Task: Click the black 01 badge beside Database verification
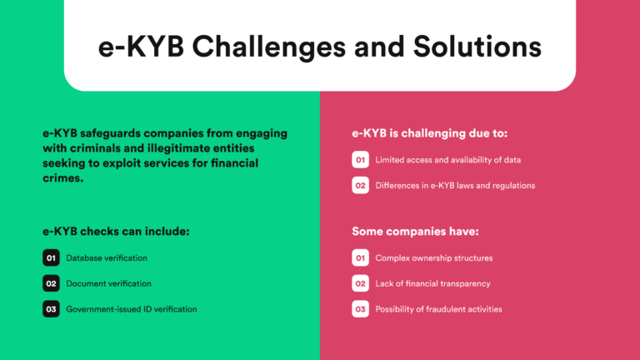(x=51, y=258)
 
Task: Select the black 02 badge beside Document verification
(x=51, y=283)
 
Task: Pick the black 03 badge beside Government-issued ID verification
(x=51, y=309)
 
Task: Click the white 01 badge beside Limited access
(x=360, y=160)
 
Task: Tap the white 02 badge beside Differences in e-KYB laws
(x=360, y=186)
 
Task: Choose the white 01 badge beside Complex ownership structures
(x=360, y=258)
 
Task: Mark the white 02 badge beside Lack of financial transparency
(x=360, y=283)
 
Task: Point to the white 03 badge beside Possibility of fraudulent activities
(x=360, y=309)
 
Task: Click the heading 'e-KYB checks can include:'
(x=116, y=231)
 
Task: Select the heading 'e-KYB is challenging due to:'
(x=429, y=132)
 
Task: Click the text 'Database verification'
(x=107, y=258)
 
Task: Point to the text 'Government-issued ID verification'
(x=132, y=309)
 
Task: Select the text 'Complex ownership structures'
(x=434, y=258)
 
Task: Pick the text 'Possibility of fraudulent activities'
(x=438, y=309)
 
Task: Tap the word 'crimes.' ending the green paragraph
(x=63, y=177)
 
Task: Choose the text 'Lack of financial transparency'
(x=432, y=283)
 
